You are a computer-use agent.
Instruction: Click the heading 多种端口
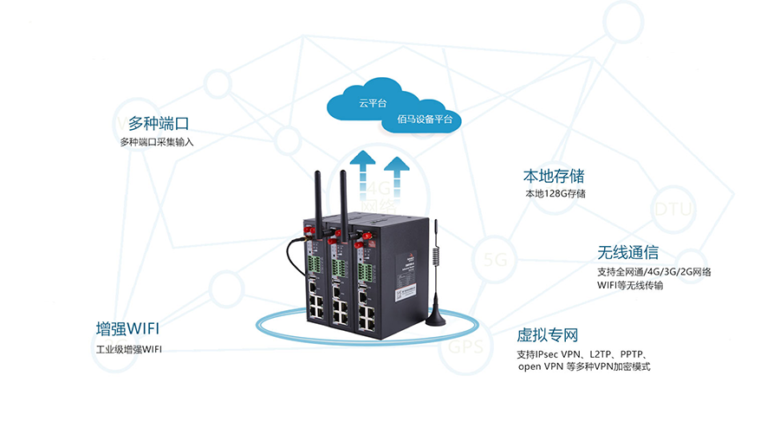point(159,123)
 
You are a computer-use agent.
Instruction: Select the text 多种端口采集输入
point(156,142)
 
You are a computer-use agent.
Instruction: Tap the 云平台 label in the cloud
point(373,103)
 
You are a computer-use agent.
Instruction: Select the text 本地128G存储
point(555,193)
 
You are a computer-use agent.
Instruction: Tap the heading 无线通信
point(627,253)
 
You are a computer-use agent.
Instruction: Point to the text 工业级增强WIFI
point(129,350)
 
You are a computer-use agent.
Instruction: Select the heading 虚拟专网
point(548,335)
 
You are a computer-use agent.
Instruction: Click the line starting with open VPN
point(583,367)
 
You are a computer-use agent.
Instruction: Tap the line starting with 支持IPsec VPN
point(583,354)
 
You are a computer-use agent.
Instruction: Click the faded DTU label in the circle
point(673,210)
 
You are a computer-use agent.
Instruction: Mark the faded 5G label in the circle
point(495,259)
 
